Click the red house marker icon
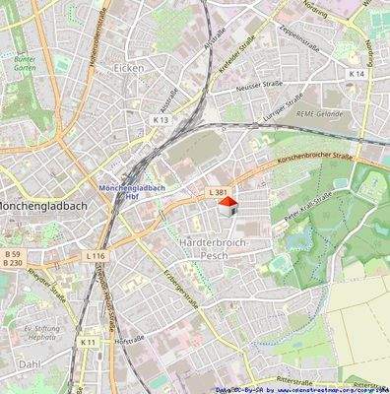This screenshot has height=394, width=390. tap(227, 205)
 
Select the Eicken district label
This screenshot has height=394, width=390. tap(128, 68)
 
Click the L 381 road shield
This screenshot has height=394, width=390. tap(219, 190)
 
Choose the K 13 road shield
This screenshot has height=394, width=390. tap(162, 120)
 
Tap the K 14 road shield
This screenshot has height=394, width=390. tap(356, 74)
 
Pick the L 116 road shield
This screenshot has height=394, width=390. tap(95, 256)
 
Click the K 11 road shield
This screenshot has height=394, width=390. tap(88, 342)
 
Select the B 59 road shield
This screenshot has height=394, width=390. tap(11, 254)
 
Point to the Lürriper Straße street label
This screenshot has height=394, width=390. tap(287, 108)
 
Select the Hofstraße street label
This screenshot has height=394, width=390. tap(129, 340)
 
